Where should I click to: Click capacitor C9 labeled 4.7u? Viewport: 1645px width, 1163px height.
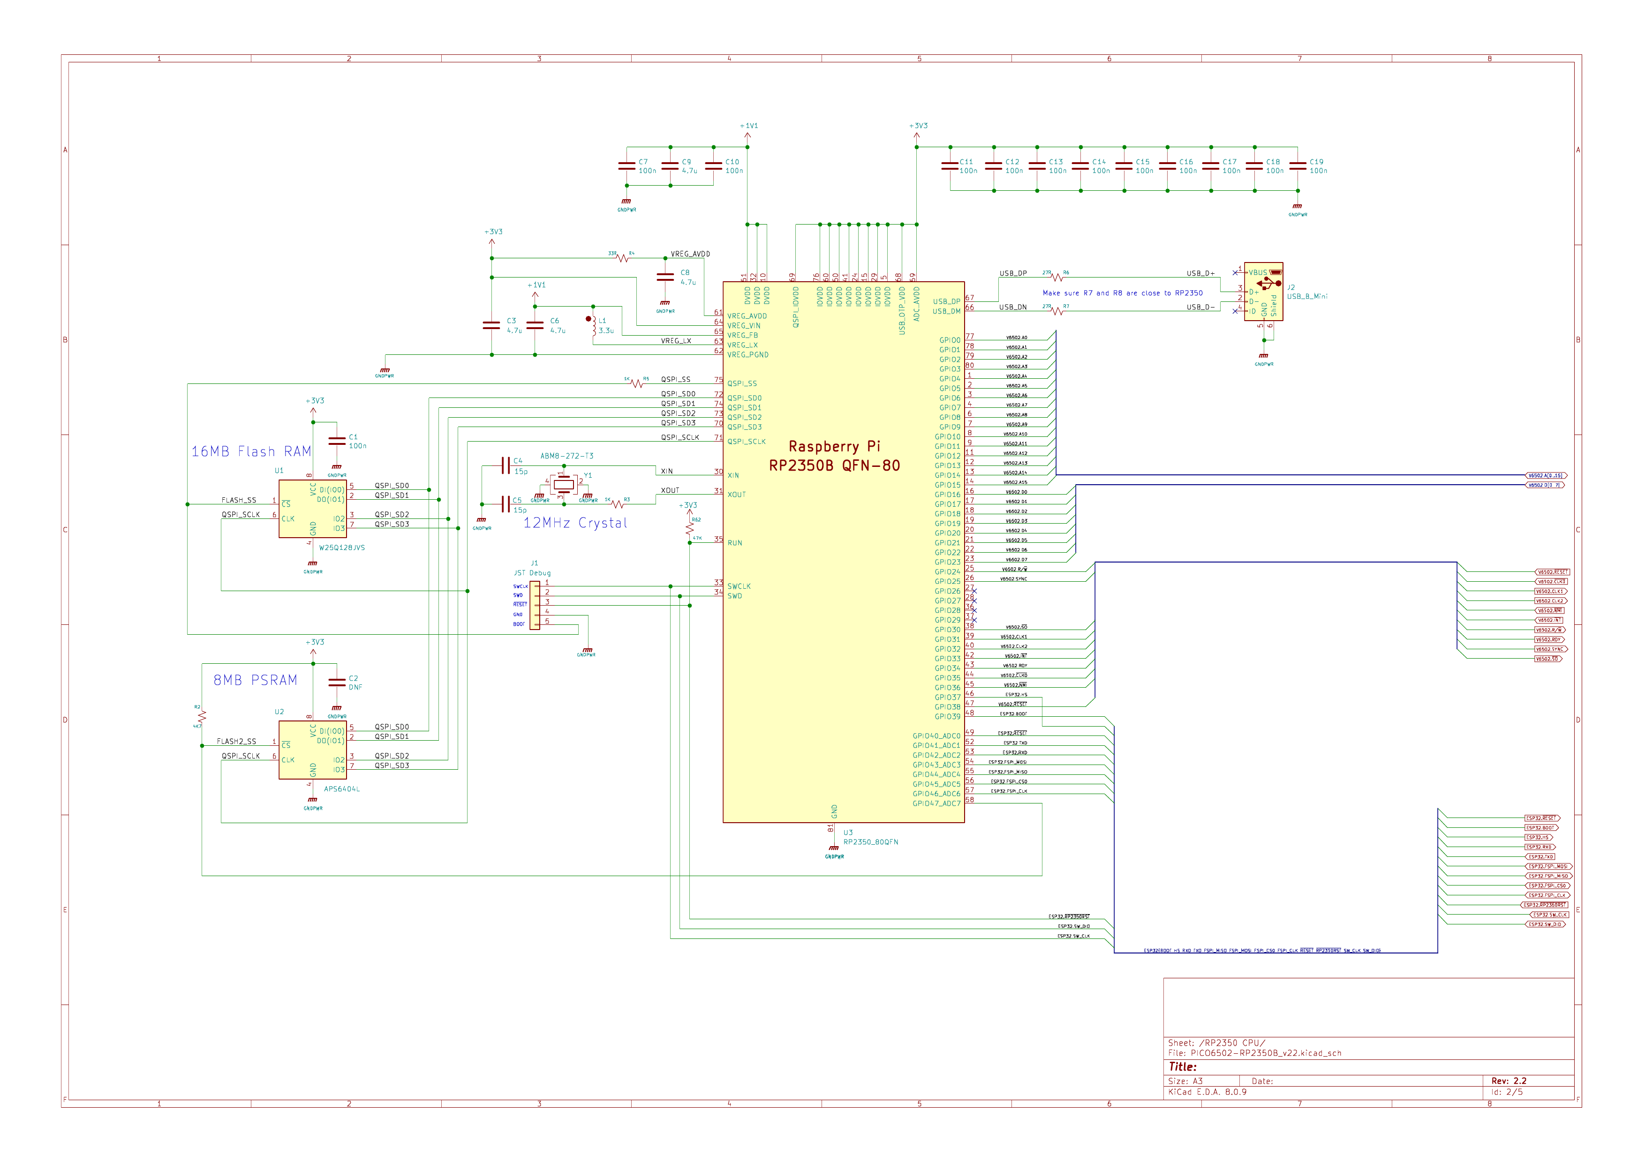(x=670, y=166)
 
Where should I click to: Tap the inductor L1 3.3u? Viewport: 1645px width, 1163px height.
(x=594, y=327)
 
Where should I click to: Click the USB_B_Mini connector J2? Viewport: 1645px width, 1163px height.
(x=1263, y=292)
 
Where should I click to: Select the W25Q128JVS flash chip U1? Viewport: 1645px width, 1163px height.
(x=312, y=509)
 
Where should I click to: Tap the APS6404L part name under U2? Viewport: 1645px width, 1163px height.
(x=342, y=789)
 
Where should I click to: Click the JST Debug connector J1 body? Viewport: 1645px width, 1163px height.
(x=535, y=605)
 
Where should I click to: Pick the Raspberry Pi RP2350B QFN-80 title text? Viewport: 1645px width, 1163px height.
(x=834, y=456)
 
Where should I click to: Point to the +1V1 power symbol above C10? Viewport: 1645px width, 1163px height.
(x=748, y=127)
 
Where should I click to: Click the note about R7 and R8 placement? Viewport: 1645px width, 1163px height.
(x=1122, y=293)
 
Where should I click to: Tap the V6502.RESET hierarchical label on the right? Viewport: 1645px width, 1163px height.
(x=1552, y=572)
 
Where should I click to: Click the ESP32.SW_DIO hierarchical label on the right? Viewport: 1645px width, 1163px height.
(x=1546, y=924)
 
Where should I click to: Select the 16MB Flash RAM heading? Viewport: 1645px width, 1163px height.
(x=251, y=452)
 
